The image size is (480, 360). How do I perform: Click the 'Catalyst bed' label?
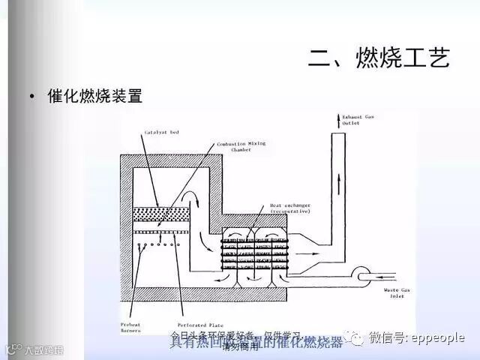tap(161, 133)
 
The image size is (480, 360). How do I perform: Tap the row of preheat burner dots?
tap(157, 244)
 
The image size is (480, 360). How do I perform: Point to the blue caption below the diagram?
tap(255, 343)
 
